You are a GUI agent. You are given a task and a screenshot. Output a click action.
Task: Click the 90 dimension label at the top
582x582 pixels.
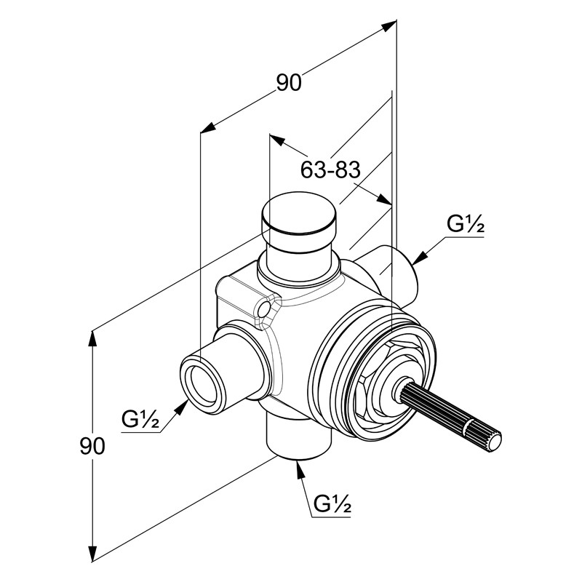pos(288,84)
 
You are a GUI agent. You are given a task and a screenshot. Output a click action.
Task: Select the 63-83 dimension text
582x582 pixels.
pos(330,170)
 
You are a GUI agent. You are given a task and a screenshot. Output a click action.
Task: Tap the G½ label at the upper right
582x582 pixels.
pos(466,226)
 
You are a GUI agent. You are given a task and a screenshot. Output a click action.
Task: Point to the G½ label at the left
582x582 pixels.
pos(140,420)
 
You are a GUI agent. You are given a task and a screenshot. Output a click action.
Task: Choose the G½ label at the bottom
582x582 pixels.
pos(333,503)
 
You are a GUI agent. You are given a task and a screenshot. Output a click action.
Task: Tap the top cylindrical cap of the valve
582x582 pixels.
pos(298,214)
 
